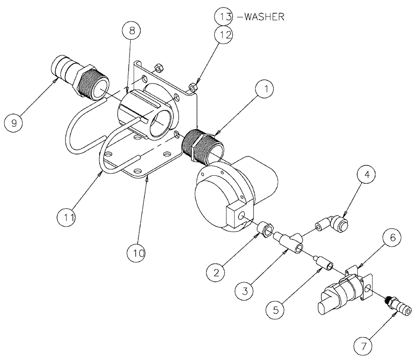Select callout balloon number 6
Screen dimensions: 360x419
pyautogui.click(x=392, y=237)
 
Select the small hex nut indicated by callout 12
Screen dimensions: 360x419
pyautogui.click(x=194, y=86)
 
